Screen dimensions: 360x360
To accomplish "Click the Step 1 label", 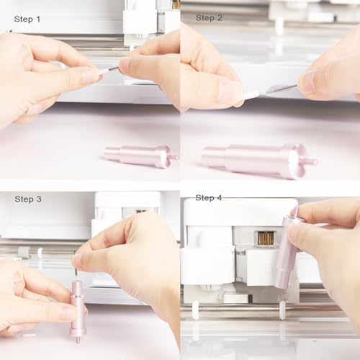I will tap(27, 19).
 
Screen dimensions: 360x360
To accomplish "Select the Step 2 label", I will tap(209, 17).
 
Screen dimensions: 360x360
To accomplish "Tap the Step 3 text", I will tap(28, 199).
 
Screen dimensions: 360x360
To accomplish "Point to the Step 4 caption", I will tap(209, 197).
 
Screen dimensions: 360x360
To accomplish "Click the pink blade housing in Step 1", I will tap(137, 155).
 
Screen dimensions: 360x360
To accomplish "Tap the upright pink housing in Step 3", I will tap(77, 306).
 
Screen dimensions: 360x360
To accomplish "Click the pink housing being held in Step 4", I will tap(287, 248).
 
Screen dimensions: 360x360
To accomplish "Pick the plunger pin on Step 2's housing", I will tap(310, 161).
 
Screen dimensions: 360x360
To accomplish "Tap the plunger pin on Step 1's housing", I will tap(172, 156).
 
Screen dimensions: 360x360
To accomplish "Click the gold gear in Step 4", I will tap(266, 238).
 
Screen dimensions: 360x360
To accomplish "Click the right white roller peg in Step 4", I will tap(282, 310).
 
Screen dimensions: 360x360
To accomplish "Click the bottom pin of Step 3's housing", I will tap(77, 338).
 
